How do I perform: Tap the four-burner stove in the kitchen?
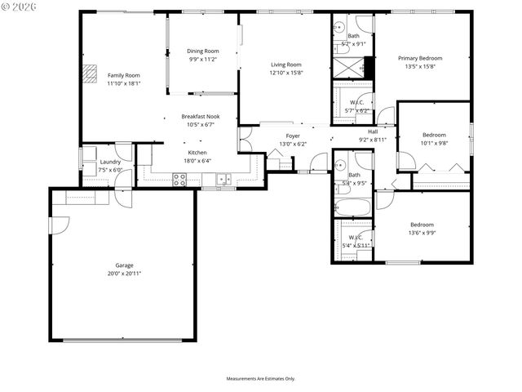coord(179,179)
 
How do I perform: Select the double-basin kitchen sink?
coord(223,179)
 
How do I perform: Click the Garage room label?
coord(124,265)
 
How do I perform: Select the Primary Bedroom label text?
coord(420,59)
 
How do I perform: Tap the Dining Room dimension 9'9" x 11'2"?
coord(204,60)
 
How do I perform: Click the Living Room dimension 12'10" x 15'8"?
coord(286,73)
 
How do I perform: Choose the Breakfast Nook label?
coord(201,117)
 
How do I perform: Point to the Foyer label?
coord(293,136)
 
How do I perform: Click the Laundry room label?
coord(110,162)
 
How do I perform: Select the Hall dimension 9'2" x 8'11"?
coord(373,140)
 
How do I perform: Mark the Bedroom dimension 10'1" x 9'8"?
coord(434,143)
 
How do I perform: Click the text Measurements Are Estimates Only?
coord(260,379)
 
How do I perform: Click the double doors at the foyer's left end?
coord(243,139)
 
